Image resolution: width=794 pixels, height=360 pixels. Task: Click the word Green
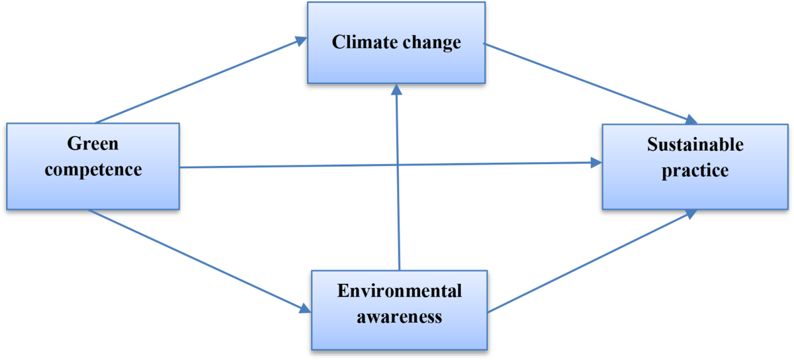93,143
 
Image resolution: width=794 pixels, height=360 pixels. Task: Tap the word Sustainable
695,144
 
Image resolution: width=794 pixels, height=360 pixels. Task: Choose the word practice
695,170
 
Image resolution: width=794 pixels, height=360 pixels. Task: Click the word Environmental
399,291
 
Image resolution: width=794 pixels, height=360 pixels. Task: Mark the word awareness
399,316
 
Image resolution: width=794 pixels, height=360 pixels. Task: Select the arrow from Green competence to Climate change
198,81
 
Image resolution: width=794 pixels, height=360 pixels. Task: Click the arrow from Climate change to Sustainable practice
589,83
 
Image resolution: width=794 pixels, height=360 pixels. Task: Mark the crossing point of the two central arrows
398,165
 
